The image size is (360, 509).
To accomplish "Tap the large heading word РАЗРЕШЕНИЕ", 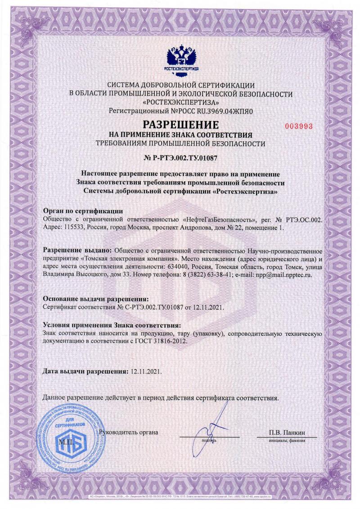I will point(180,124).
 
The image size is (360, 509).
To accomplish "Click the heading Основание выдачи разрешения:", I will point(94,299).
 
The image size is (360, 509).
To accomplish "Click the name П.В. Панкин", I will point(287,432).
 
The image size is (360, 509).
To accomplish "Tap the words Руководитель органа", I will point(129,432).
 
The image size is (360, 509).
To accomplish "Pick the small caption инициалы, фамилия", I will point(287,441).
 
